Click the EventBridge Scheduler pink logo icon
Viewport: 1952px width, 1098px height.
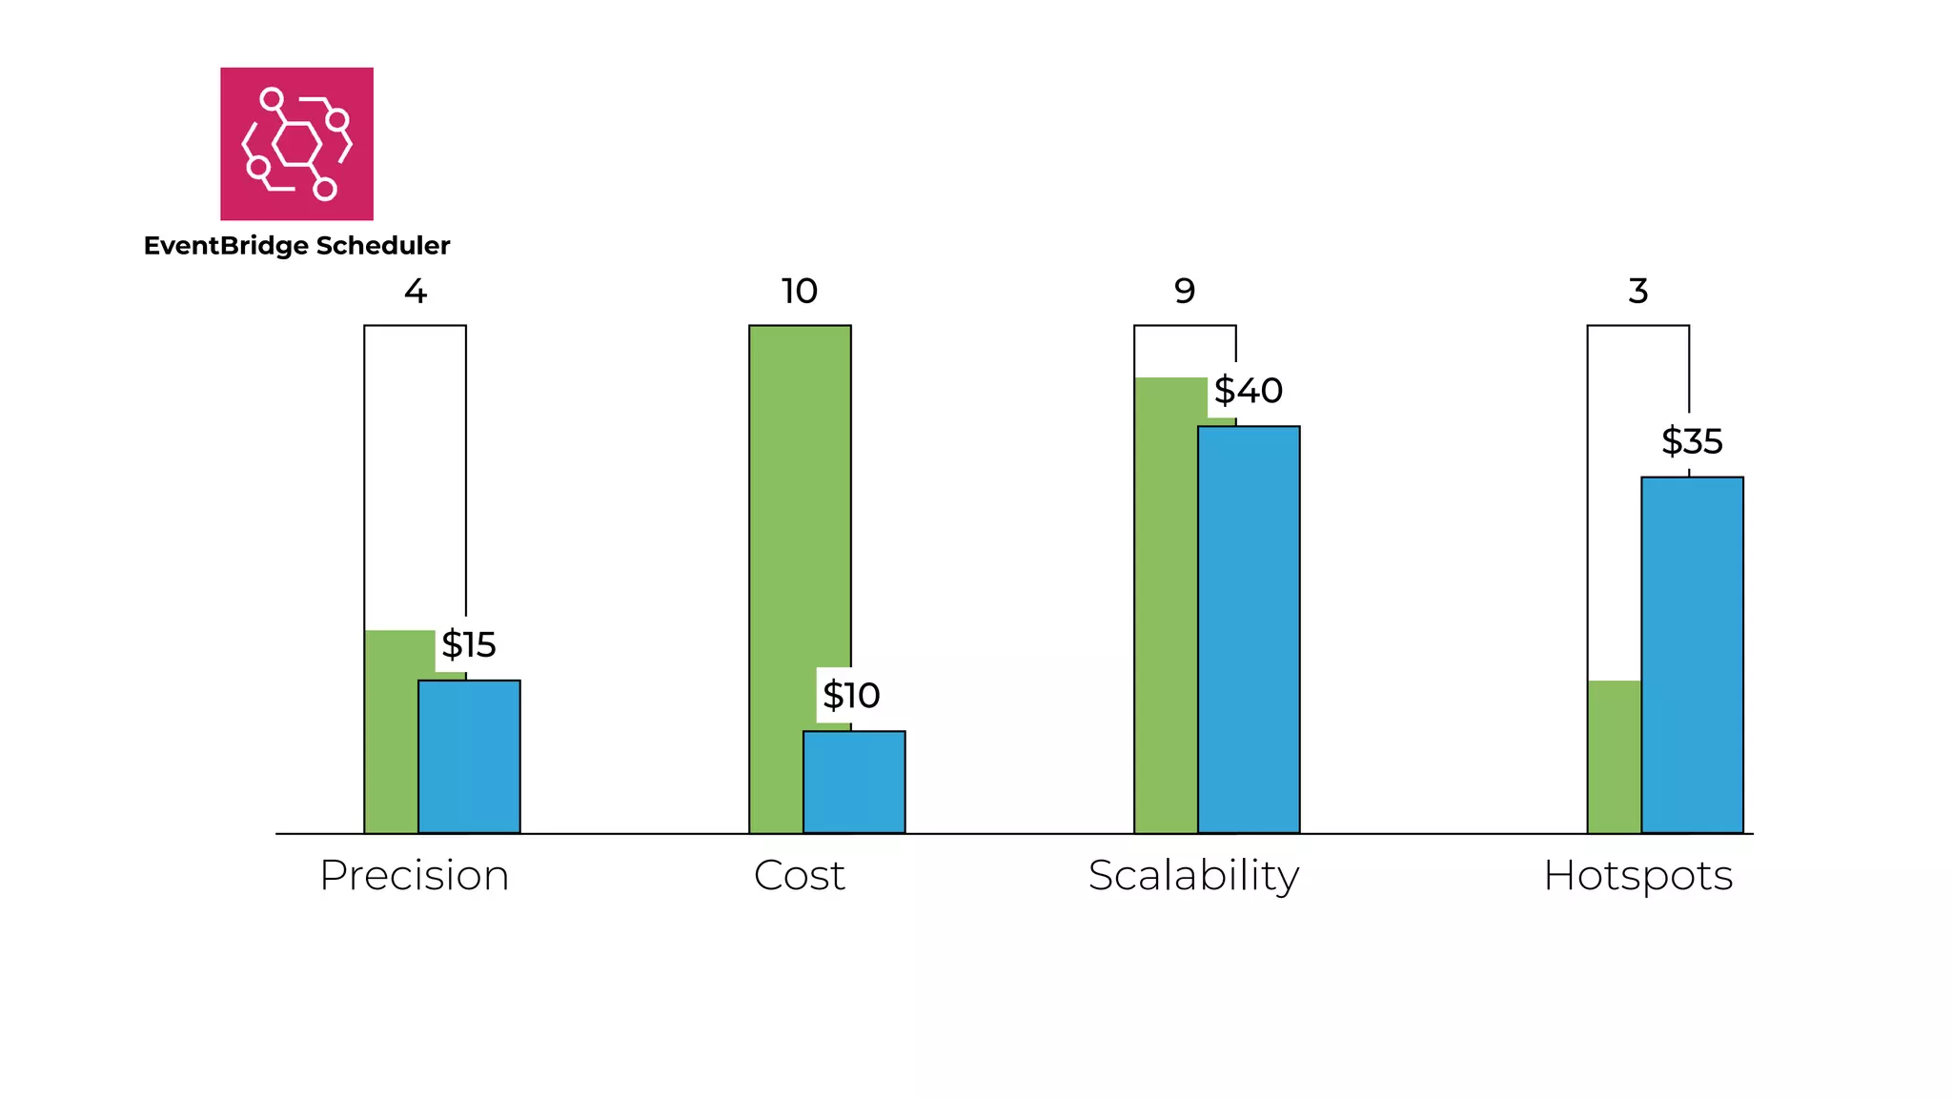click(x=296, y=144)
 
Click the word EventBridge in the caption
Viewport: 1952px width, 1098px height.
click(x=226, y=246)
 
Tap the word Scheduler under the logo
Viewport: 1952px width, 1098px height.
click(x=382, y=246)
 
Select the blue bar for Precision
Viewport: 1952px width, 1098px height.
click(x=469, y=757)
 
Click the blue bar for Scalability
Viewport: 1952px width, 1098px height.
click(x=1249, y=629)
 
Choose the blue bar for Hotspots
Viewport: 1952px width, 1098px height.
click(x=1692, y=655)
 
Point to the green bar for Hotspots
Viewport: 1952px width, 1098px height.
click(x=1614, y=757)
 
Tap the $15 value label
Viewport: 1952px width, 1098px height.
click(x=468, y=645)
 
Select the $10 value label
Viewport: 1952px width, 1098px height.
click(x=850, y=696)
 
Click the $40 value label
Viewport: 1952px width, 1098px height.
click(x=1248, y=391)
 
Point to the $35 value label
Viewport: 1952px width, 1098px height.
click(x=1692, y=441)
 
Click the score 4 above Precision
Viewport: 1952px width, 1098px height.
click(x=415, y=291)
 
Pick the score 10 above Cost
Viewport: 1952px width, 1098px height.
click(x=799, y=291)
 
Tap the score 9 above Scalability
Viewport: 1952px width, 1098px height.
click(x=1184, y=291)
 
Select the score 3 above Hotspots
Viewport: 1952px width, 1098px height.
click(x=1637, y=291)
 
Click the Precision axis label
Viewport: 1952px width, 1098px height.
click(x=414, y=875)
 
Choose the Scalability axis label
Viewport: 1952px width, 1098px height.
click(x=1193, y=875)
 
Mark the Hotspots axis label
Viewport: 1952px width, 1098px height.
click(x=1637, y=875)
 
